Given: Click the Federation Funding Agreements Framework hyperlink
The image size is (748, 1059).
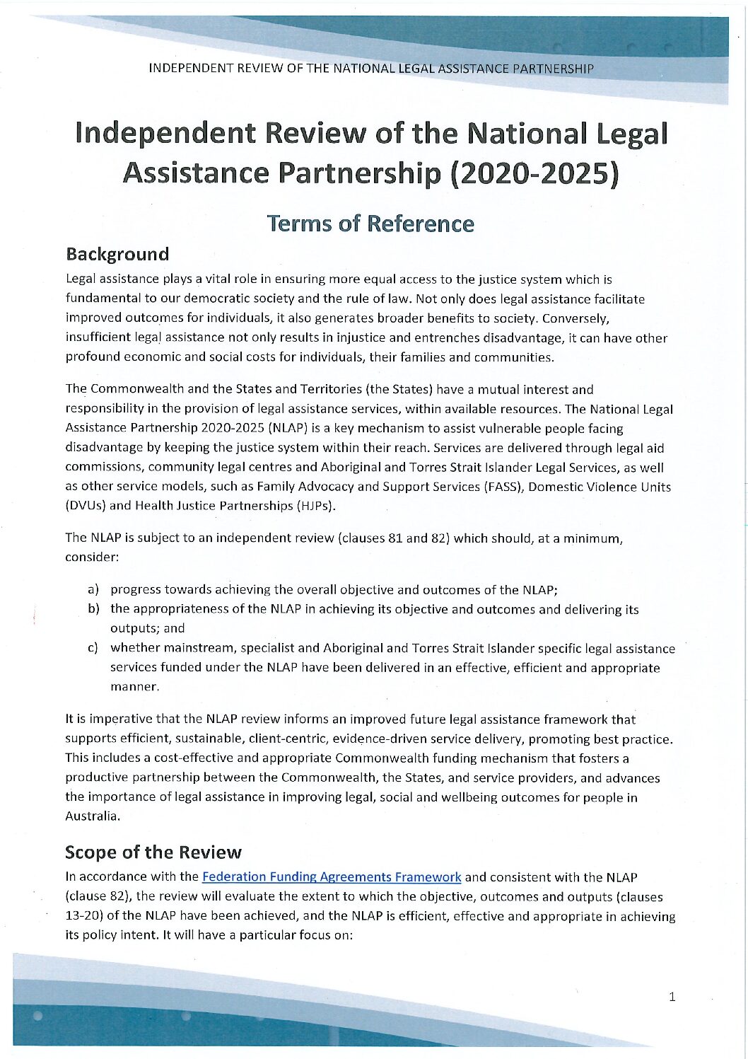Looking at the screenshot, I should coord(332,877).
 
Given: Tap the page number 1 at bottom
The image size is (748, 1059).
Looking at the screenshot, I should coord(672,997).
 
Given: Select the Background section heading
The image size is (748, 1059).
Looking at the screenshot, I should coord(117,254).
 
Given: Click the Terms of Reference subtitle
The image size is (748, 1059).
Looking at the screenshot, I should coord(370,224).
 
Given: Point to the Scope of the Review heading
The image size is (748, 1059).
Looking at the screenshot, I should coord(153,852).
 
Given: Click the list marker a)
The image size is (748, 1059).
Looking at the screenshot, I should coord(93,589).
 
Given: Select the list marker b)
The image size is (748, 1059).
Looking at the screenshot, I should coord(93,609).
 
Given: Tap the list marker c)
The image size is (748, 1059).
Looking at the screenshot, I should coord(93,649).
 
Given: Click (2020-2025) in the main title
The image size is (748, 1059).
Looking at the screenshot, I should coord(534,173).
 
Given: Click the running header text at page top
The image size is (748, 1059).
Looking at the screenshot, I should coord(371,69).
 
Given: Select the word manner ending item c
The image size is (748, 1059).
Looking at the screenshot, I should coord(133,687).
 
